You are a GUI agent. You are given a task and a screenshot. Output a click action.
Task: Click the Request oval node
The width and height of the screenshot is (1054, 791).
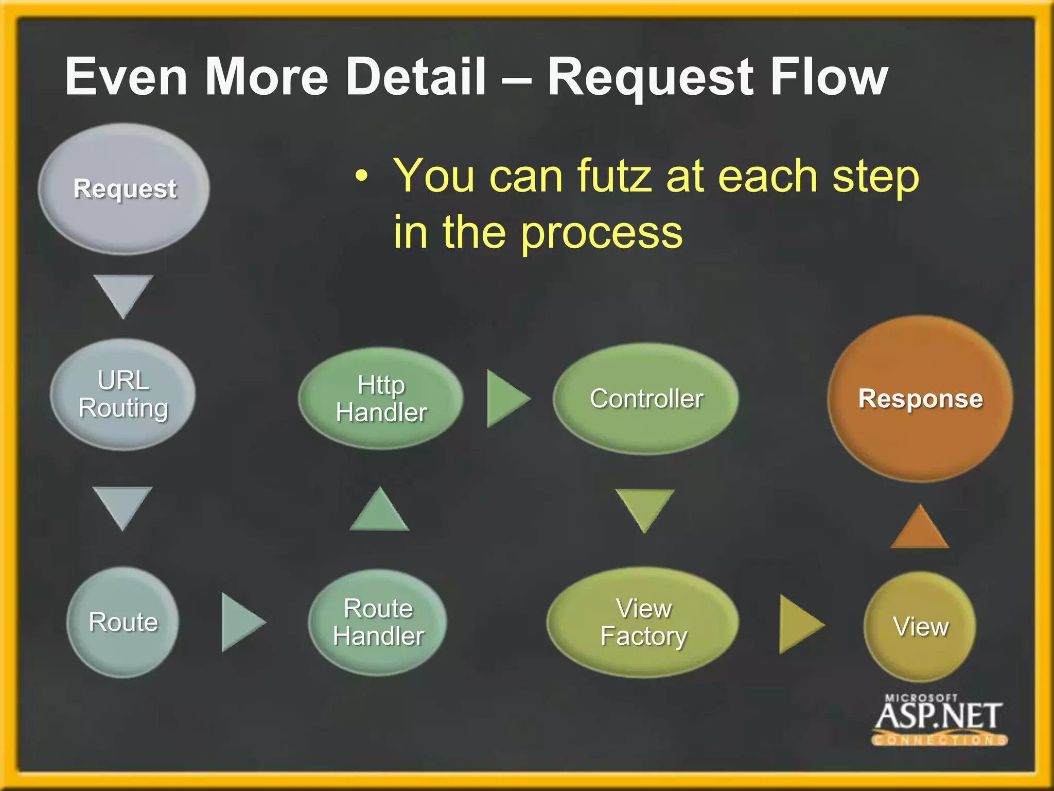(x=124, y=188)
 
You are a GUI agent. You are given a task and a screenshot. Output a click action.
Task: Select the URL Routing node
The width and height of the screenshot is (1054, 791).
(x=123, y=394)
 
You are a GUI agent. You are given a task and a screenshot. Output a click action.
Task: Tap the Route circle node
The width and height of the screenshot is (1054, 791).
(x=123, y=622)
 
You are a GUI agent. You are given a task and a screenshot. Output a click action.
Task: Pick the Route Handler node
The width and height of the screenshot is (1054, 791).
(x=378, y=622)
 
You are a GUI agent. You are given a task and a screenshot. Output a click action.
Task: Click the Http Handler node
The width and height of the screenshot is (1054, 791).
(x=381, y=399)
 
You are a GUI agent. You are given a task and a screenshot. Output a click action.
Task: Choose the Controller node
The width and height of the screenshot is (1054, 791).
(x=646, y=399)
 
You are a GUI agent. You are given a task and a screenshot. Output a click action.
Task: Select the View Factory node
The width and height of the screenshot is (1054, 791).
(x=643, y=622)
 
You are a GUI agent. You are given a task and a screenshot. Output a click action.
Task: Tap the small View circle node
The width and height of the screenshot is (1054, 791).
(x=920, y=627)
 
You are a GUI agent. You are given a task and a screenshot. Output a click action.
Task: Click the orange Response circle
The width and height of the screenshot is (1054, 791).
(x=920, y=399)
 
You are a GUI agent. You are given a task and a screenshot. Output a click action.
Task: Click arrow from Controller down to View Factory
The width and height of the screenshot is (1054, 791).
(x=644, y=507)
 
